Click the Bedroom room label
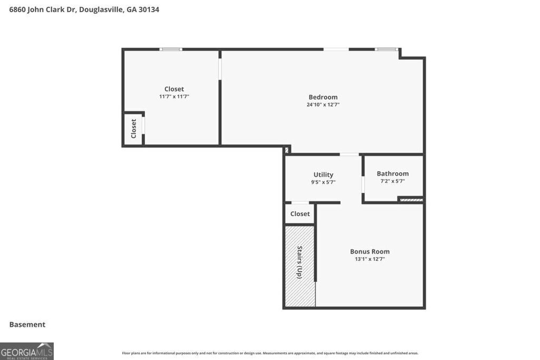pyautogui.click(x=323, y=97)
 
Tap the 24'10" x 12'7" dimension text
pyautogui.click(x=323, y=105)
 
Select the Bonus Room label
pyautogui.click(x=370, y=251)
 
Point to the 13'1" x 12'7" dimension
pyautogui.click(x=370, y=259)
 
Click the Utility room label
pyautogui.click(x=323, y=174)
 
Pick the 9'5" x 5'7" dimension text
pyautogui.click(x=323, y=182)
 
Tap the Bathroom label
pyautogui.click(x=392, y=173)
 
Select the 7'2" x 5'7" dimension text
pyautogui.click(x=392, y=181)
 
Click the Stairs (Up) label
pyautogui.click(x=300, y=262)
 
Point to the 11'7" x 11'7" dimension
pyautogui.click(x=174, y=97)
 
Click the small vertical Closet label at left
pyautogui.click(x=133, y=129)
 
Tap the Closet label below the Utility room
pyautogui.click(x=300, y=214)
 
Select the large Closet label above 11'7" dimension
pyautogui.click(x=174, y=89)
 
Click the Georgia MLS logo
pyautogui.click(x=27, y=351)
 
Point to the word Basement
pyautogui.click(x=27, y=325)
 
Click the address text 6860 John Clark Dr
pyautogui.click(x=42, y=9)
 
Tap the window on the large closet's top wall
pyautogui.click(x=171, y=50)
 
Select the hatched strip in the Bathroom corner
pyautogui.click(x=411, y=200)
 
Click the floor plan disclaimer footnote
pyautogui.click(x=270, y=353)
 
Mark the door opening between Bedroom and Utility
pyautogui.click(x=349, y=154)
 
